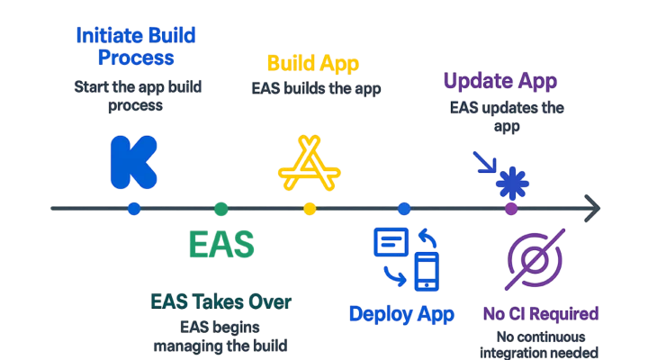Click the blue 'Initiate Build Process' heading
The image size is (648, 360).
pos(136,48)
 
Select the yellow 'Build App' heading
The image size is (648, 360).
pos(312,64)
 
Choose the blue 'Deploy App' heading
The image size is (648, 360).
pos(400,314)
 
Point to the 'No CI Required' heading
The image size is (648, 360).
pos(537,314)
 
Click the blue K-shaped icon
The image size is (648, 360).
pos(132,162)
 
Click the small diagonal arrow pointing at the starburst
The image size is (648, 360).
pos(483,159)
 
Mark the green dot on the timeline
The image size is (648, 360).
pos(221,209)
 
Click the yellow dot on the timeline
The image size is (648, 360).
pos(310,209)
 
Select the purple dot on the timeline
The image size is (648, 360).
pos(510,209)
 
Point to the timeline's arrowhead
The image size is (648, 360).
pos(593,208)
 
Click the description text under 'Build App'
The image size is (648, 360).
pos(313,88)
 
